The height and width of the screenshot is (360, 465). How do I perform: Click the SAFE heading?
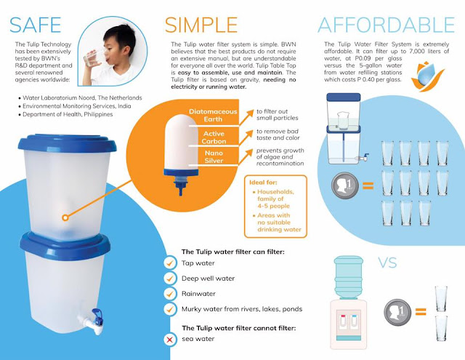36,25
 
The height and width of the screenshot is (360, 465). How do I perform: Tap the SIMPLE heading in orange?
201,25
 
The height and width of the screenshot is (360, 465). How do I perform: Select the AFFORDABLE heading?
386,25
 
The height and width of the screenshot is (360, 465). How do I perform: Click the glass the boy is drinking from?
94,57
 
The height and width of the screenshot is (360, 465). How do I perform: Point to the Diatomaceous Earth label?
213,115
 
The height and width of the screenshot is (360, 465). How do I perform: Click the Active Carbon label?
214,137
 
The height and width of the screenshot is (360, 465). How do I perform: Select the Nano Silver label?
214,156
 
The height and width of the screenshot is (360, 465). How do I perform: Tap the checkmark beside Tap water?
170,263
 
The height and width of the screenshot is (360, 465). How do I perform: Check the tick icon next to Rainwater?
170,294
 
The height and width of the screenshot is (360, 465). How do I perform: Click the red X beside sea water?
170,340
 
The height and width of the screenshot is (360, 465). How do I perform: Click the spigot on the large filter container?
91,321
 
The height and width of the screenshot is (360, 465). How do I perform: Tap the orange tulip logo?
427,76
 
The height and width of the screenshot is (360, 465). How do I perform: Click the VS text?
387,263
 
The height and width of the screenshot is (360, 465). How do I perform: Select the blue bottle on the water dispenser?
349,277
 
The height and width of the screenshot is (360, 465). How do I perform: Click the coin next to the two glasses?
397,312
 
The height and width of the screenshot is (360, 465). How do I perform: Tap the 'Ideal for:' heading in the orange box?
263,183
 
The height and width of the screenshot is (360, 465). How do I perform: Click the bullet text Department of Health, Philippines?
68,114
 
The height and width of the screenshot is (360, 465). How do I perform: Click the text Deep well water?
208,279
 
